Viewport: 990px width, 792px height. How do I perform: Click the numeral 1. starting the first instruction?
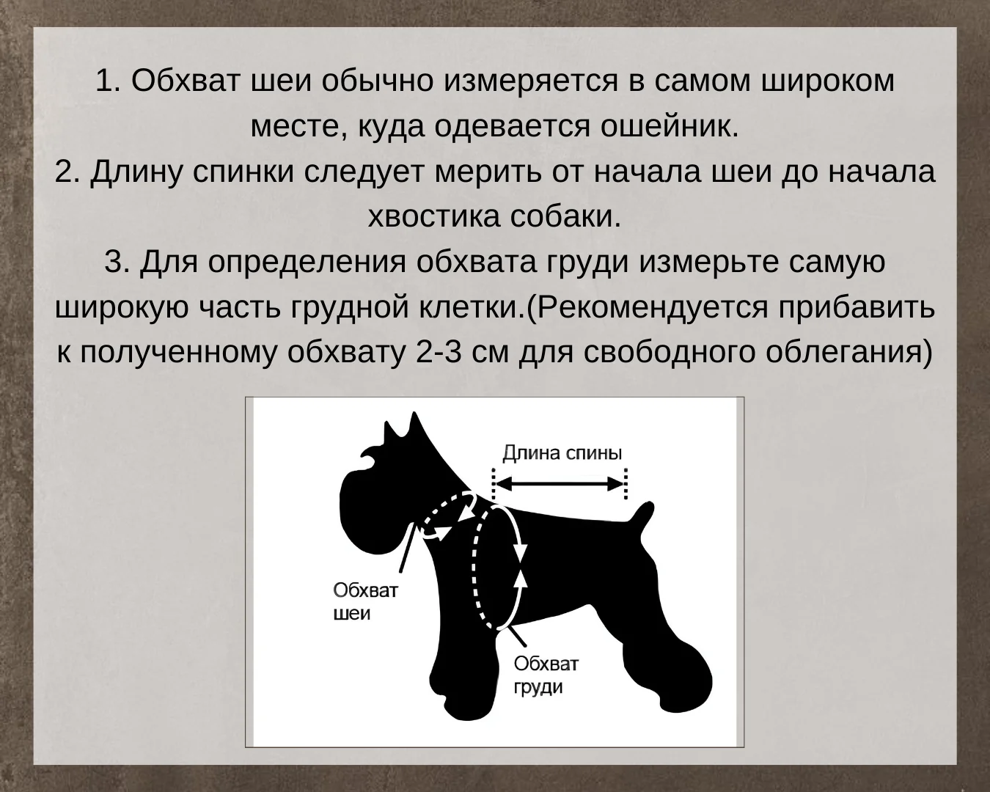[x=109, y=81]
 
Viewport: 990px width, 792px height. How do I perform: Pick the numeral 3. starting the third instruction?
[x=117, y=262]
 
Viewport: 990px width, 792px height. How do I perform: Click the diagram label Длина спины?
[x=562, y=453]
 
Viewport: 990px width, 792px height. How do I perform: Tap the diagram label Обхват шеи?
[x=366, y=601]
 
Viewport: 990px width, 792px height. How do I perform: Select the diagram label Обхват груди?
[x=546, y=675]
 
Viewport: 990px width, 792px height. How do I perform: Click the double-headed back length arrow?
[x=560, y=484]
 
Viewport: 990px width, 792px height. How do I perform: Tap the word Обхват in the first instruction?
[x=186, y=81]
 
